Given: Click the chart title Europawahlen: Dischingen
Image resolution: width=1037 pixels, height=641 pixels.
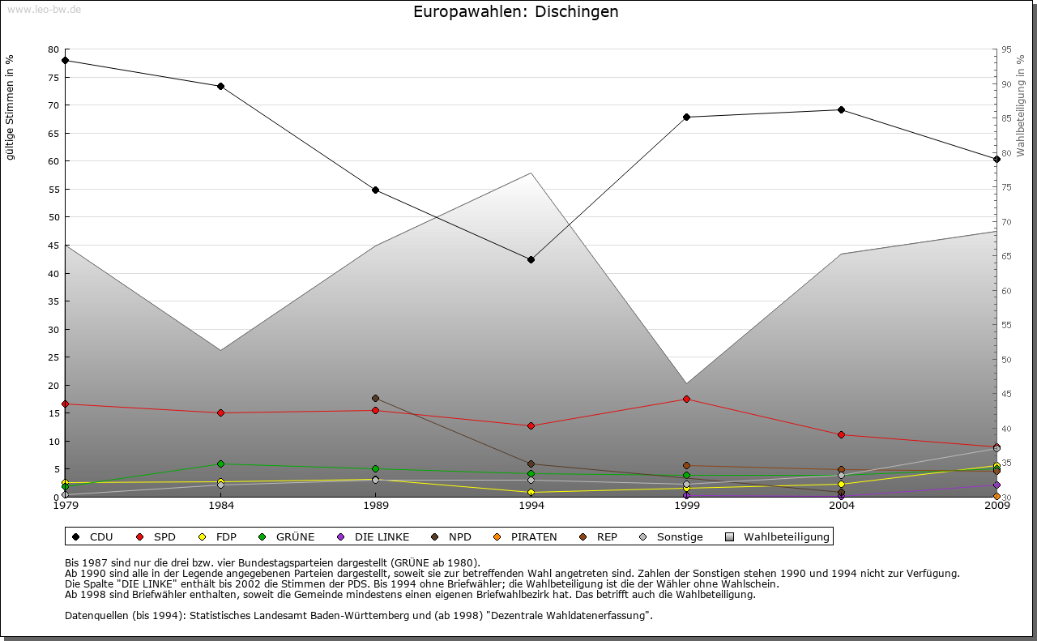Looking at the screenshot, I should coord(515,11).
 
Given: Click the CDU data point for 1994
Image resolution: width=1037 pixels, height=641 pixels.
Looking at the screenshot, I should coord(531,259).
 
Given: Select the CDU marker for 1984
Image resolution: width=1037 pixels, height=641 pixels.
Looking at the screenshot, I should coord(220,86).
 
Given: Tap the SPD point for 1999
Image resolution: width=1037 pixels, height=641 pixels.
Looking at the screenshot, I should coord(686,399).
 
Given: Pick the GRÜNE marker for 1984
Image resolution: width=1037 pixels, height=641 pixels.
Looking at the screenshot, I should coord(220,464).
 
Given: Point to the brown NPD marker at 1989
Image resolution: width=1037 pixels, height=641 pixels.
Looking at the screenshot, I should coord(375,398).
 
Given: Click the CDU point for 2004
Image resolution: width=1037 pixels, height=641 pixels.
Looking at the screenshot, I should coord(842,109).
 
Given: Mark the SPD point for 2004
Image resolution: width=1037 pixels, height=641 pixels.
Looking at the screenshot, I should coord(842,434).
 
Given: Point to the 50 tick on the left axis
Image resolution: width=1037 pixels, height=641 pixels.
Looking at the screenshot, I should coord(53,217).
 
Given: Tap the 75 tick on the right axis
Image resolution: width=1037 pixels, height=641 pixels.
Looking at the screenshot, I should coord(1005,187).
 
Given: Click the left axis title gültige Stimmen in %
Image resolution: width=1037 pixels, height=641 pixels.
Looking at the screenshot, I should coord(11,108).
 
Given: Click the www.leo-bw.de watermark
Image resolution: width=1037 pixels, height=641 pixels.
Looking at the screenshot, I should coord(44,10).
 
